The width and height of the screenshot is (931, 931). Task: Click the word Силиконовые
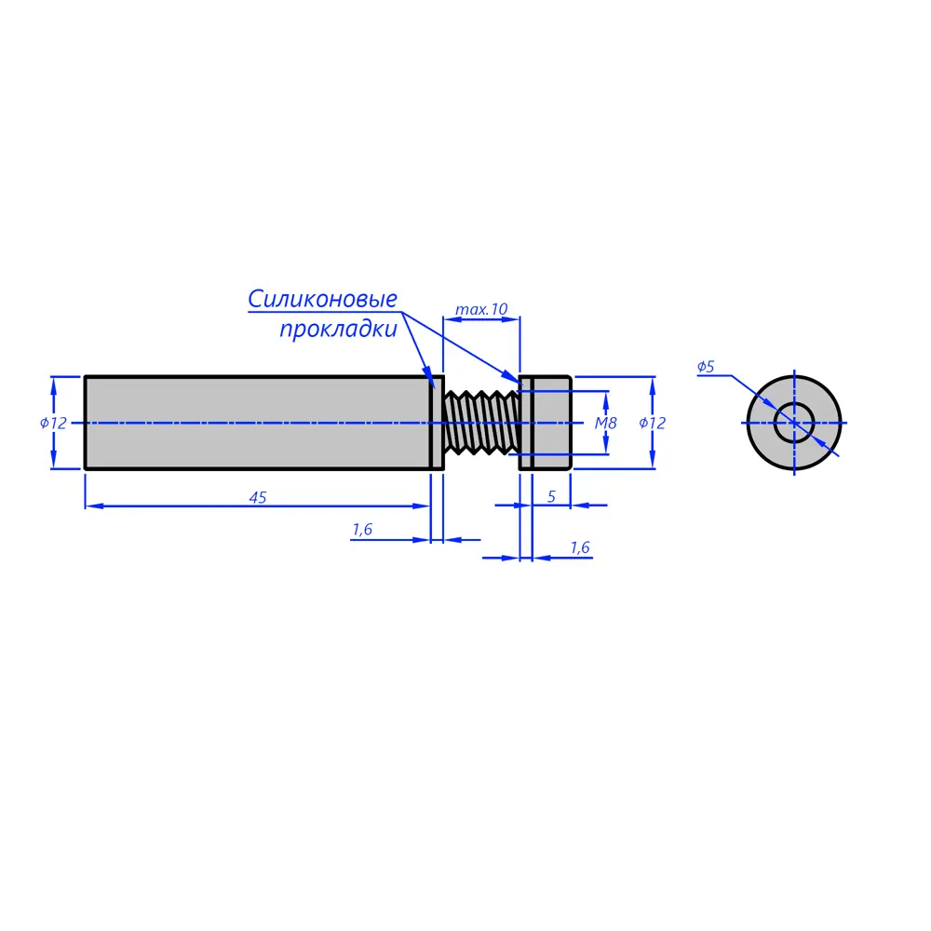(x=322, y=299)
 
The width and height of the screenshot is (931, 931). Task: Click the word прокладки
(x=339, y=329)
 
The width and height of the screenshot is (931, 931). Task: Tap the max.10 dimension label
(x=481, y=309)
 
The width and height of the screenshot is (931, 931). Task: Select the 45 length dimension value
(x=258, y=497)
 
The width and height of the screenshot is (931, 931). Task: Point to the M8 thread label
(x=606, y=423)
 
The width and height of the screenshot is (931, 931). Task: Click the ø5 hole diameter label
(x=706, y=366)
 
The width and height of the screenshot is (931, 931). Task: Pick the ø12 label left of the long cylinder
(x=53, y=423)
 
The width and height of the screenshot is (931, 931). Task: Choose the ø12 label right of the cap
(x=652, y=423)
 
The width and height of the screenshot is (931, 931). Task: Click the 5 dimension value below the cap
(x=551, y=496)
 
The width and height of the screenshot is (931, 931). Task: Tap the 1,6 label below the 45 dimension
(x=362, y=529)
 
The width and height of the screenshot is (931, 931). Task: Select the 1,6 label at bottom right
(x=580, y=546)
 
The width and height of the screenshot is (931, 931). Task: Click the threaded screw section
(x=481, y=423)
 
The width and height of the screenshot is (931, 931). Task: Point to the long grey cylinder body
(x=257, y=423)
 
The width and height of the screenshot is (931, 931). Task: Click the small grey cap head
(x=552, y=423)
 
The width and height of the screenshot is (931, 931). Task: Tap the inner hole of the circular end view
(x=794, y=423)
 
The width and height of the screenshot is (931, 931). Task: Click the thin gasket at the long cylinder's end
(x=437, y=423)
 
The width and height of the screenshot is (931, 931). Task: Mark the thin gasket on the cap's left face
(x=526, y=423)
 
